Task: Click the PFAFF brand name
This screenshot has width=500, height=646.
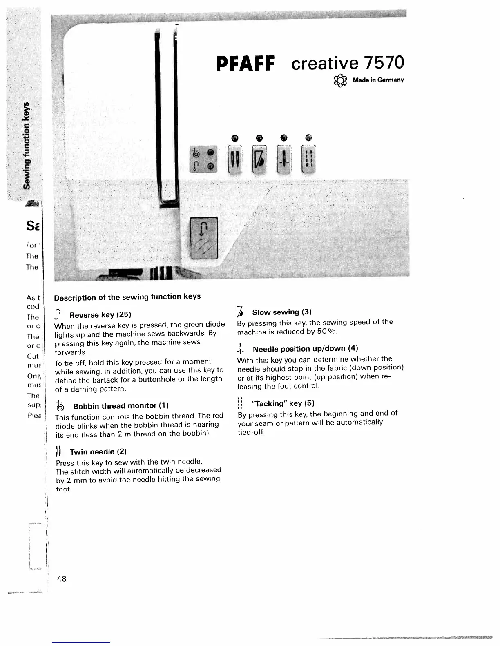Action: pyautogui.click(x=246, y=63)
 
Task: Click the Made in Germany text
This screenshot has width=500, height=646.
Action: pyautogui.click(x=378, y=80)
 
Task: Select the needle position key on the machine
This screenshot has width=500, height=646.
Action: pyautogui.click(x=284, y=159)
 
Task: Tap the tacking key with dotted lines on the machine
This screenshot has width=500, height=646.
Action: pyautogui.click(x=308, y=159)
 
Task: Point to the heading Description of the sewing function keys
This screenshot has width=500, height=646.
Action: pyautogui.click(x=127, y=297)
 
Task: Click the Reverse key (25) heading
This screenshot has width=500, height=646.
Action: pyautogui.click(x=100, y=315)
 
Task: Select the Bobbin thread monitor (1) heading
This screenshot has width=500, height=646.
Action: pyautogui.click(x=121, y=406)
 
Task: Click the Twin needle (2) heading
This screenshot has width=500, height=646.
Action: pyautogui.click(x=98, y=452)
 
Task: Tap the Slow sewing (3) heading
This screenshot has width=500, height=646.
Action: pyautogui.click(x=281, y=312)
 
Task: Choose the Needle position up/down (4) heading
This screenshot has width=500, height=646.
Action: pyautogui.click(x=305, y=349)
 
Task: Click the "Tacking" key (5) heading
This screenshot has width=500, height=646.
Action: pyautogui.click(x=283, y=403)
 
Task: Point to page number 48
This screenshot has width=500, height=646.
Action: pyautogui.click(x=62, y=578)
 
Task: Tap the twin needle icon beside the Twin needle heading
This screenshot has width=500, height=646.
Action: pyautogui.click(x=58, y=452)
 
